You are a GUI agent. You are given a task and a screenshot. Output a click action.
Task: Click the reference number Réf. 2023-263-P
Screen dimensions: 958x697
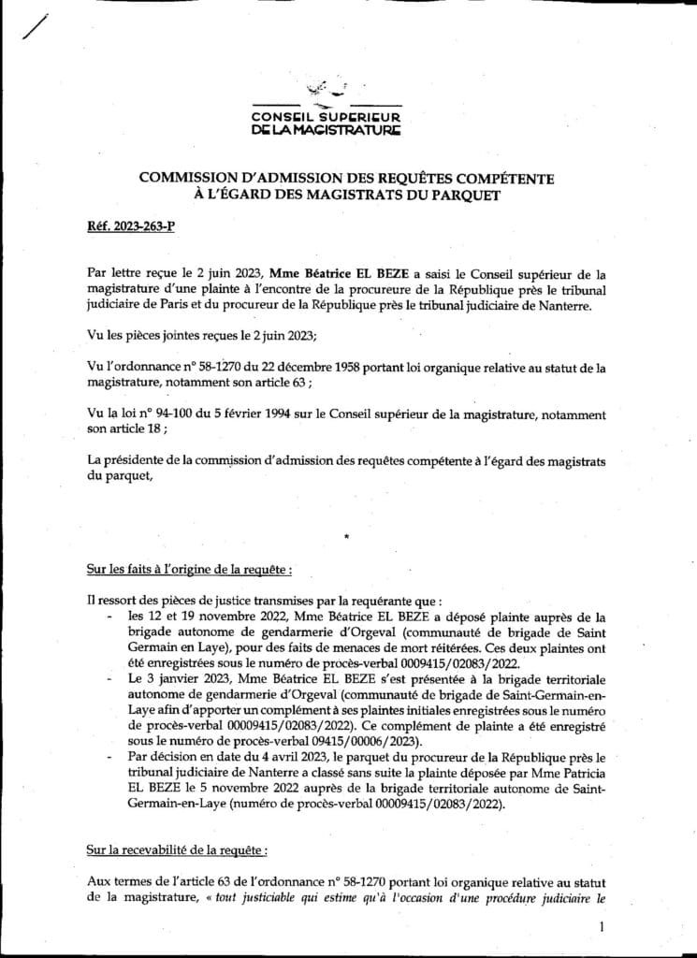[119, 227]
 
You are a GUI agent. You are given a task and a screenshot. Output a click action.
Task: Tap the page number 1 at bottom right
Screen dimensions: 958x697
[599, 926]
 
